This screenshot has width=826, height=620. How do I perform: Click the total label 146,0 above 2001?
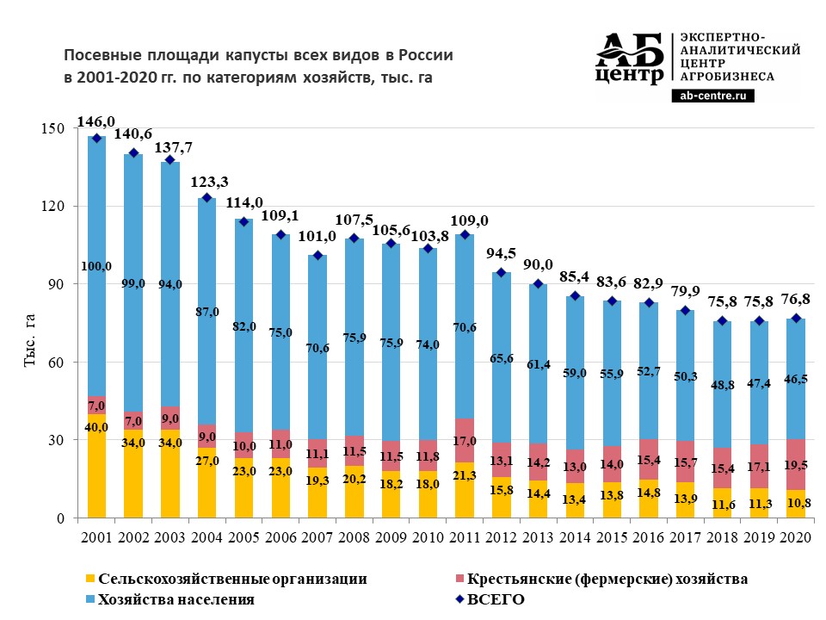96,122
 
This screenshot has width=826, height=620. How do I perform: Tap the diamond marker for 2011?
465,234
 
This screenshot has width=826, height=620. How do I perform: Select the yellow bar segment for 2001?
96,466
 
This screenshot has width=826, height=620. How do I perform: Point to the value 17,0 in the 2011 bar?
465,440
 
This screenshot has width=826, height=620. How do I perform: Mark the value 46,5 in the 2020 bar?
796,378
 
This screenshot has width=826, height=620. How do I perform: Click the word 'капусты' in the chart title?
259,55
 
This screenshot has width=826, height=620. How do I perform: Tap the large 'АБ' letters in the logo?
631,52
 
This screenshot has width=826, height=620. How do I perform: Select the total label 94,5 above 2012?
502,257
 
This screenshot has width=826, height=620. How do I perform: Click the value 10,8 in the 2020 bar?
796,503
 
